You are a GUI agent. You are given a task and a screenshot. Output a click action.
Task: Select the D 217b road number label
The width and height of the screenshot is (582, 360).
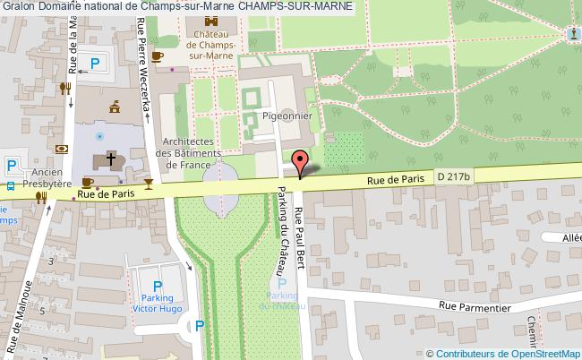tap(454, 177)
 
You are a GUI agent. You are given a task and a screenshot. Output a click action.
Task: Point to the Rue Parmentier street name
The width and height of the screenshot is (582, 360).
tap(475, 306)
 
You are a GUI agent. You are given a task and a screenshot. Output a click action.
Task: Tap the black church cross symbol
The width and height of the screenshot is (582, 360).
tap(111, 159)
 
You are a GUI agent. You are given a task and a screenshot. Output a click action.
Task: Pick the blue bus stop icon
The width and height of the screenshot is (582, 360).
tap(7, 188)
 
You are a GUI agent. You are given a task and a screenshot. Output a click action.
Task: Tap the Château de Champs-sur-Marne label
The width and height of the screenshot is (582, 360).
tap(212, 42)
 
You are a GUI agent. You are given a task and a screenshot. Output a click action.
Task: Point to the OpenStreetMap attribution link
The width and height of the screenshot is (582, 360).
tap(533, 352)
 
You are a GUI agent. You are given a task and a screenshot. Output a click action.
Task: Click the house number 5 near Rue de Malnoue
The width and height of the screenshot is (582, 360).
tap(52, 260)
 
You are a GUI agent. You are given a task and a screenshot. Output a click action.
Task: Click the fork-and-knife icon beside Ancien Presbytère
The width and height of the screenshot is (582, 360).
tap(40, 198)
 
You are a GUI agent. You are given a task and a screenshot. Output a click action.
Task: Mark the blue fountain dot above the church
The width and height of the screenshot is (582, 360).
tap(111, 136)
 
